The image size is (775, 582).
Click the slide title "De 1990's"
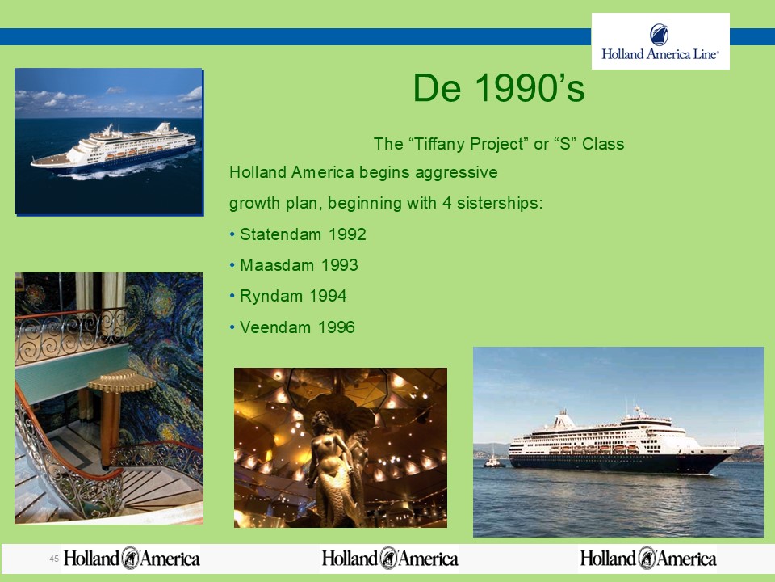tap(499, 88)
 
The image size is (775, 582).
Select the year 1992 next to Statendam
tap(347, 234)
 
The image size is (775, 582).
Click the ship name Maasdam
tap(277, 265)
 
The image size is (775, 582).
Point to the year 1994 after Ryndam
tap(328, 296)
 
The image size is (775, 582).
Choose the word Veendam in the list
tap(277, 327)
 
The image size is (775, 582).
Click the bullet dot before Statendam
tap(232, 234)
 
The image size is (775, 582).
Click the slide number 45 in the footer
tap(54, 559)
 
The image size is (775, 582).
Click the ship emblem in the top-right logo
tap(660, 35)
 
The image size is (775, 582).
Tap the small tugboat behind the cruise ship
tap(494, 462)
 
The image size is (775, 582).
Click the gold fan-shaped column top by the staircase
tap(122, 380)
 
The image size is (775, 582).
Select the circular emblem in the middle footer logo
tap(389, 559)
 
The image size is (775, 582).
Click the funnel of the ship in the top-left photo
tap(162, 128)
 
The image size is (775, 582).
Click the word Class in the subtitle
tap(603, 144)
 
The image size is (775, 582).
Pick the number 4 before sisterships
tap(446, 204)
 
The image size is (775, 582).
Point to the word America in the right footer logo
tap(687, 559)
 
